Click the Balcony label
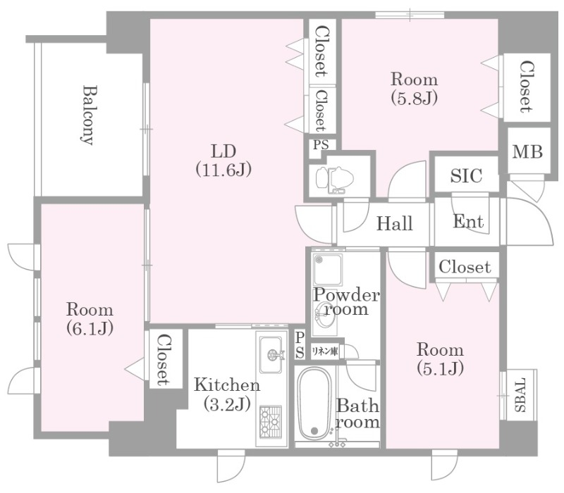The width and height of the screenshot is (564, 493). [87, 115]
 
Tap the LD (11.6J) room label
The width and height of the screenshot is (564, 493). [223, 161]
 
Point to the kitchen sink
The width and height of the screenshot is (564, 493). [271, 355]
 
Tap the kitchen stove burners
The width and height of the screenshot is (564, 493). [271, 420]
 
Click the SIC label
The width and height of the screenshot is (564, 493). [466, 175]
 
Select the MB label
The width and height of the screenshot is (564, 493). [527, 151]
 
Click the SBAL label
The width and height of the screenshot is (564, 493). [520, 394]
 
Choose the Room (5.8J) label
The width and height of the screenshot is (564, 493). [415, 89]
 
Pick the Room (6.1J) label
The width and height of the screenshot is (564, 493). [90, 319]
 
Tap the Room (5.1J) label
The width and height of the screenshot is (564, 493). [440, 358]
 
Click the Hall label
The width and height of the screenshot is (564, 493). [395, 223]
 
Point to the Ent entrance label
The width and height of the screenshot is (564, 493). [468, 221]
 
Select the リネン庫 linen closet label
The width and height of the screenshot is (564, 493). [325, 351]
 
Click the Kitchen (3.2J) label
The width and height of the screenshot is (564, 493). [227, 394]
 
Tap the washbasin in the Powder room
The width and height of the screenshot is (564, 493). [324, 313]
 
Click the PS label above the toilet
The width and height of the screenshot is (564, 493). [321, 145]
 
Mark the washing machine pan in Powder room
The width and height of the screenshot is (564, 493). [327, 270]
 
